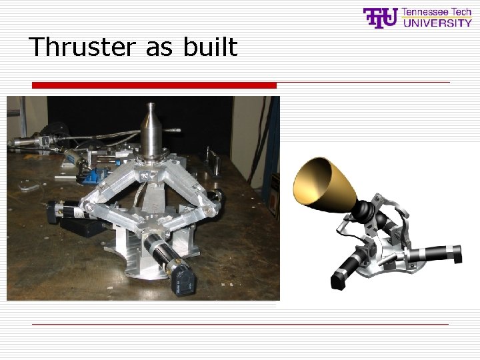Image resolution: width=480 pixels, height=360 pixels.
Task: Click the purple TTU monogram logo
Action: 380,18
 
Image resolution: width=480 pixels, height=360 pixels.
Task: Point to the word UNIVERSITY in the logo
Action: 437,23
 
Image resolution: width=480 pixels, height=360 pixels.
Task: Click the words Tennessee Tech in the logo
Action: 437,13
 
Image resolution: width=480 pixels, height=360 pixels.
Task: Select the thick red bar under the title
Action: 154,85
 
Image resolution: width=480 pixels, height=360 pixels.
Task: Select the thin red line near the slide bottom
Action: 240,324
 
